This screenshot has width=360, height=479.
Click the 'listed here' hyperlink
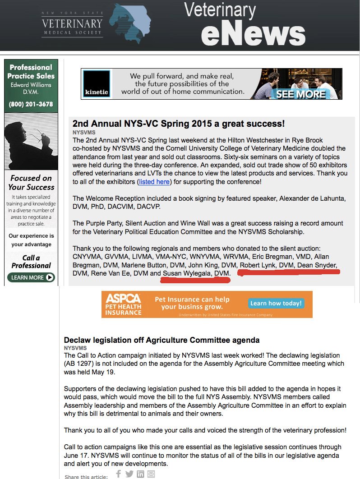tap(154, 182)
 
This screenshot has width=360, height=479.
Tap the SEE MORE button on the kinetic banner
tap(301, 94)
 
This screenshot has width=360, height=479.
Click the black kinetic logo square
tap(97, 84)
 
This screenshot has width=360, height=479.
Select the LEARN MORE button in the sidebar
tap(31, 277)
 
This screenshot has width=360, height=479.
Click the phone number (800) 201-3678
tap(31, 104)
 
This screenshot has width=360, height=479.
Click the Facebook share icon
tap(119, 474)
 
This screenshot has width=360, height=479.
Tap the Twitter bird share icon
tap(129, 474)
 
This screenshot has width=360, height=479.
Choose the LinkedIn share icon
tap(140, 474)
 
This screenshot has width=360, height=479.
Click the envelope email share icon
tap(151, 474)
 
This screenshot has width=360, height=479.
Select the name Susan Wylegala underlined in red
tap(188, 273)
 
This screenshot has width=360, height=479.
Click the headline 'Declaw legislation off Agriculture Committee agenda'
tap(162, 340)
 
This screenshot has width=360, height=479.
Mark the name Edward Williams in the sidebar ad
tap(31, 85)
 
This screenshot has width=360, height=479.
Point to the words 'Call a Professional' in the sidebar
tap(31, 262)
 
